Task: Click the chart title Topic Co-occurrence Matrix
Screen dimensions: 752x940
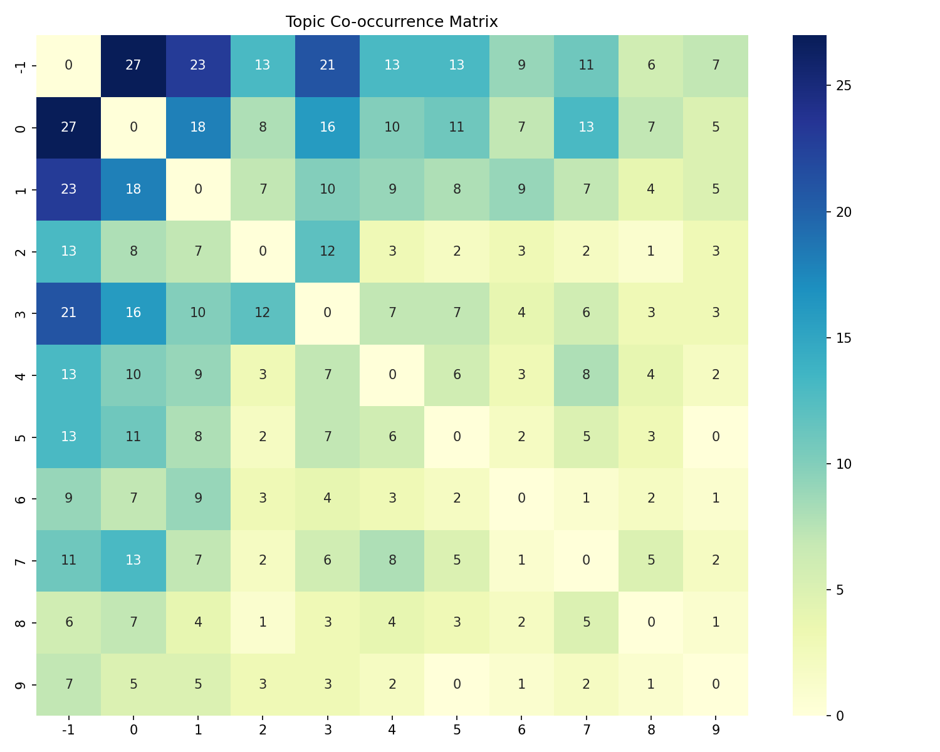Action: pos(392,22)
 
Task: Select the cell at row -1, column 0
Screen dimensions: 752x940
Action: pos(133,66)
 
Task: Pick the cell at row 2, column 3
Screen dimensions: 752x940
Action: pos(327,251)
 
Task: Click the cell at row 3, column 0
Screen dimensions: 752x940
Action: pos(133,313)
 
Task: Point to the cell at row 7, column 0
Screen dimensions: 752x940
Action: pos(133,561)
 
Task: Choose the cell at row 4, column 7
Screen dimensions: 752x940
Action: pos(586,375)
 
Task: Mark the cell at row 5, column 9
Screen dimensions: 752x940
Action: pos(716,437)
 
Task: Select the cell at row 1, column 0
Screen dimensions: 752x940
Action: pos(133,189)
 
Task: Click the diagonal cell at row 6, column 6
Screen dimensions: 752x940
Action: pos(521,499)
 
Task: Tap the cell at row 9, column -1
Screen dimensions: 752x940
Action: pos(69,684)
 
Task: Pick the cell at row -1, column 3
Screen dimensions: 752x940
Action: pos(327,66)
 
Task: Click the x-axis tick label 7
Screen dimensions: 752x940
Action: pos(586,730)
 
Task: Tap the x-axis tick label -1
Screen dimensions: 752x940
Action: pos(69,730)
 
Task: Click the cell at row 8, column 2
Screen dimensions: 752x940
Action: pos(263,623)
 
